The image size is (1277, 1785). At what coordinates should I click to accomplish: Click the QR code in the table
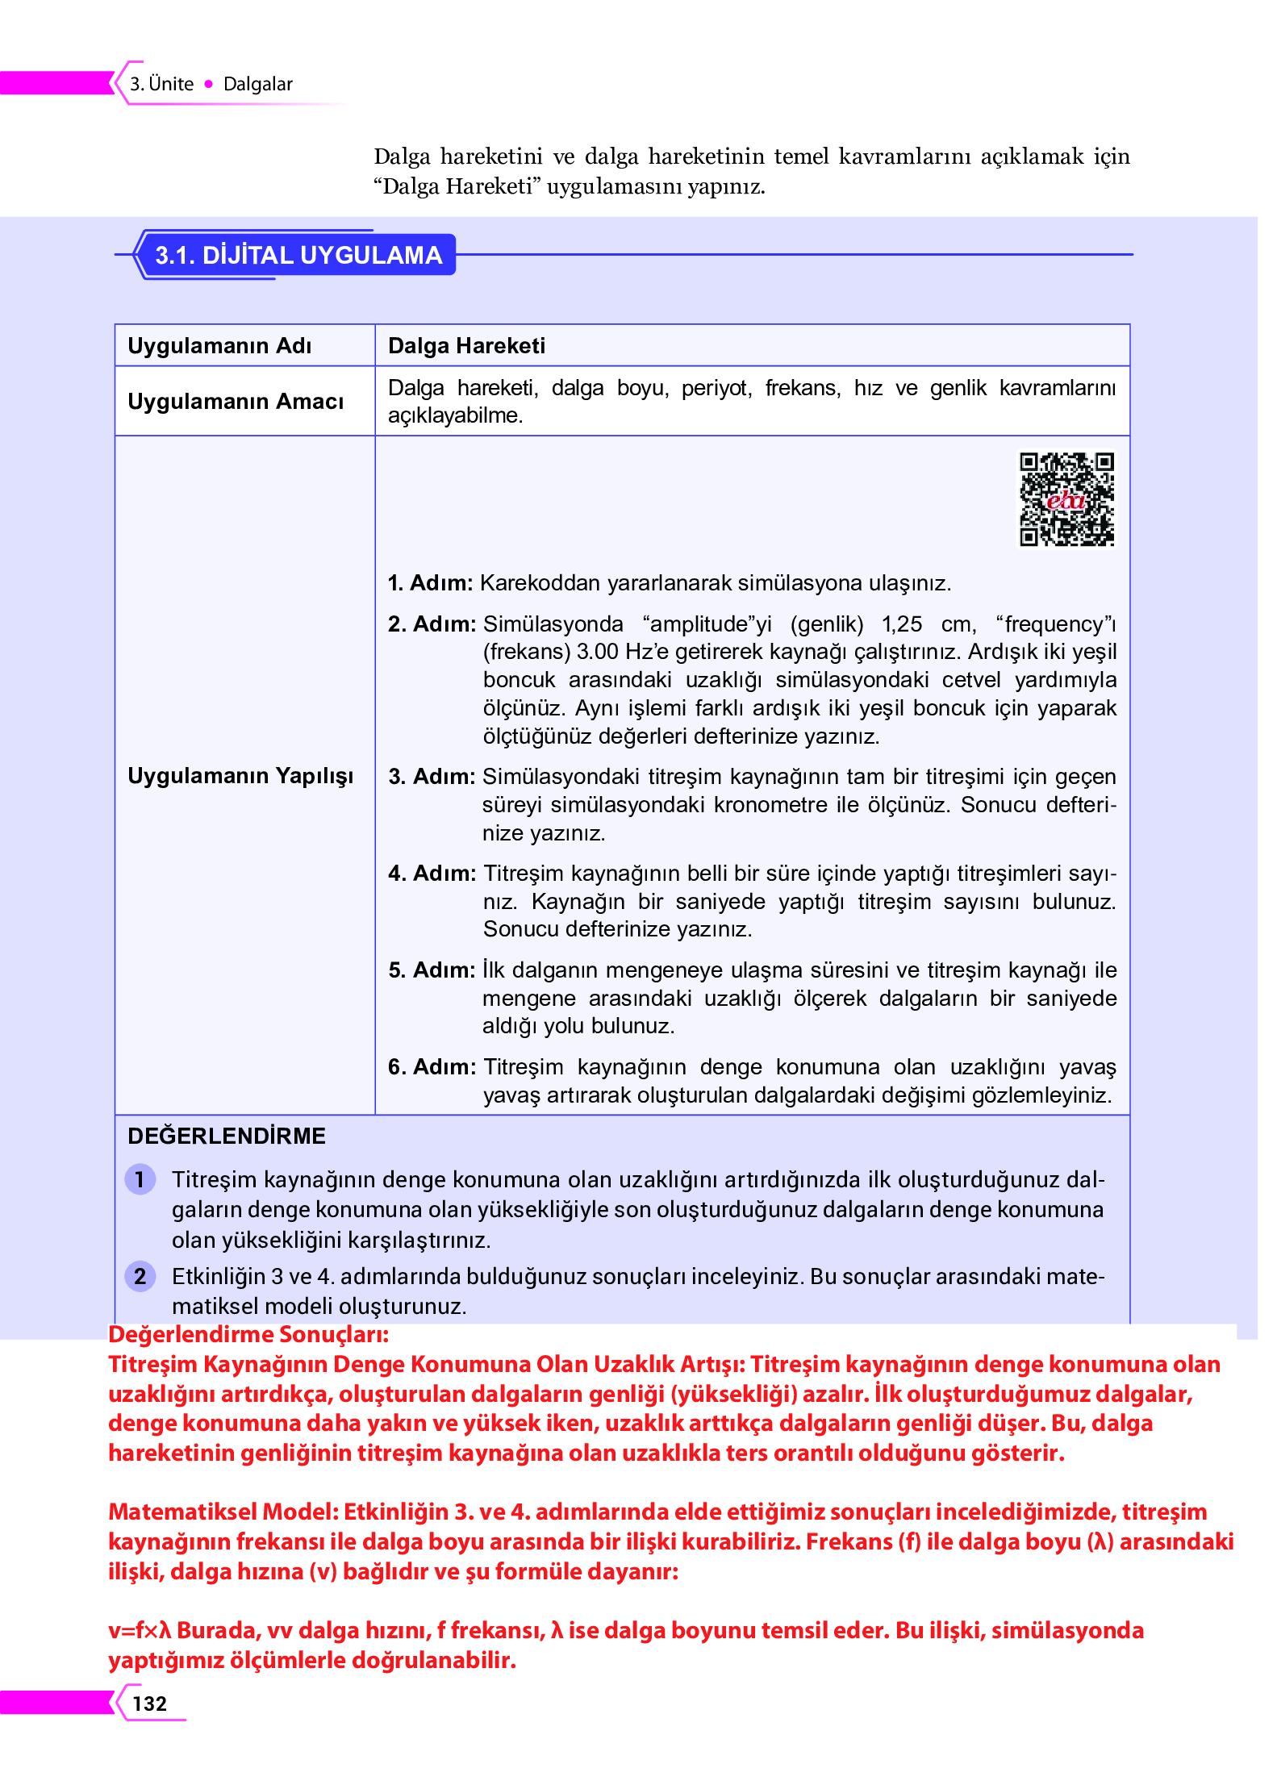(x=1066, y=499)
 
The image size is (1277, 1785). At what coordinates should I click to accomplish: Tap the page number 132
(x=150, y=1703)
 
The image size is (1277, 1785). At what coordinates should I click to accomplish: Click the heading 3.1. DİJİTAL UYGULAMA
(x=298, y=255)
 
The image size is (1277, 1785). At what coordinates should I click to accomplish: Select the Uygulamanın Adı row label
(x=219, y=346)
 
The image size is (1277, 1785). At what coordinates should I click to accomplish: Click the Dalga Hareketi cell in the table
(x=466, y=346)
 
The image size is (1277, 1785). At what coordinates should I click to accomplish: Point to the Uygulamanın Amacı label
(x=236, y=402)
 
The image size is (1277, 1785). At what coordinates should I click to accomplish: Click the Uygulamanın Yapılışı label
(x=240, y=776)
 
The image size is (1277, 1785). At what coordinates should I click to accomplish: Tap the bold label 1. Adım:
(x=430, y=583)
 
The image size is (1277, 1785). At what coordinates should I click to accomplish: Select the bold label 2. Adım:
(x=432, y=624)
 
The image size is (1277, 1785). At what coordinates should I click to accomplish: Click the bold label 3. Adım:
(x=432, y=777)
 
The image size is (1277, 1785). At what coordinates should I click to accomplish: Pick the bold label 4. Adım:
(x=432, y=874)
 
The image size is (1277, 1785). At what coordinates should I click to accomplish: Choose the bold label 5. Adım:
(x=432, y=970)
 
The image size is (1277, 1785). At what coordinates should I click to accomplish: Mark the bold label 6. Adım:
(x=432, y=1067)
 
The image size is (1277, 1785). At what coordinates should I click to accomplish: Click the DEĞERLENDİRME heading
(x=227, y=1136)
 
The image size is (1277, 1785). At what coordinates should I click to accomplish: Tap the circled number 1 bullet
(x=140, y=1180)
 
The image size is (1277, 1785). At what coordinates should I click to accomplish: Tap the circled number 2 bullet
(x=140, y=1276)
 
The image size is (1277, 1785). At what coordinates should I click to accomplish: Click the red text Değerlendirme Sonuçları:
(x=248, y=1335)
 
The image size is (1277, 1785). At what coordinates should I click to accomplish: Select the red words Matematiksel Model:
(x=223, y=1512)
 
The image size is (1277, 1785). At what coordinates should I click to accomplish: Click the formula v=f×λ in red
(x=140, y=1630)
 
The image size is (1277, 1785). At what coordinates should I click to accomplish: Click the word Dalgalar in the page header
(x=257, y=84)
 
